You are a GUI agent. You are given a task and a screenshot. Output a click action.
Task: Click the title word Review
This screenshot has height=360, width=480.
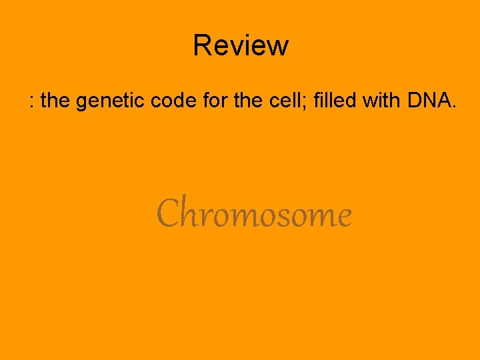pos(241,46)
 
